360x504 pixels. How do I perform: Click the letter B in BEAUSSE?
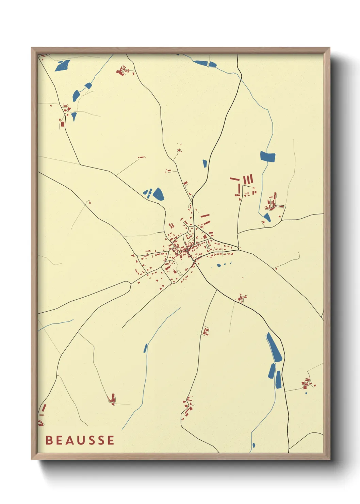click(49, 440)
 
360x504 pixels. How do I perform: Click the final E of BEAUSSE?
click(111, 440)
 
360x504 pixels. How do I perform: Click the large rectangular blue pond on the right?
click(268, 156)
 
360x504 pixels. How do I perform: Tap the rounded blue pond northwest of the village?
click(158, 194)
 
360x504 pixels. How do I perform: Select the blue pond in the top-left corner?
click(63, 65)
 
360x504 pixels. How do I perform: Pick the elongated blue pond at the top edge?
click(205, 63)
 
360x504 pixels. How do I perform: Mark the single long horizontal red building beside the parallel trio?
click(234, 178)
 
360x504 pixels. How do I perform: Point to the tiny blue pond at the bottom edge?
click(253, 445)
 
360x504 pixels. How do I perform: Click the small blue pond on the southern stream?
click(145, 348)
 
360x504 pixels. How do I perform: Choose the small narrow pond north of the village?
click(205, 163)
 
